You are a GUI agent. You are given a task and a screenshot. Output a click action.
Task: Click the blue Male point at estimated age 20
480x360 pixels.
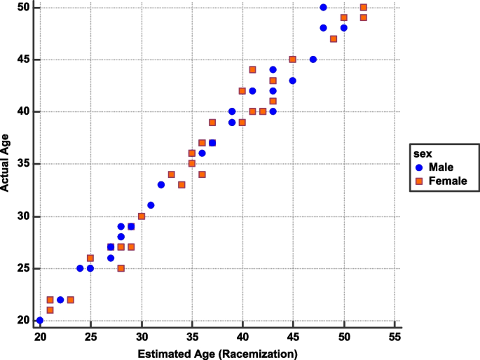pyautogui.click(x=40, y=320)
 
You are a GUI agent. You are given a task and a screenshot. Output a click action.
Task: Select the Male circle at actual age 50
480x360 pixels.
pyautogui.click(x=323, y=7)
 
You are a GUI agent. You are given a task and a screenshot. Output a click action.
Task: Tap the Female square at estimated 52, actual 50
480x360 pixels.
pyautogui.click(x=364, y=7)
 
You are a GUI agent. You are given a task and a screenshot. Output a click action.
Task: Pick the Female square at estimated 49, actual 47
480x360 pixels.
pyautogui.click(x=334, y=39)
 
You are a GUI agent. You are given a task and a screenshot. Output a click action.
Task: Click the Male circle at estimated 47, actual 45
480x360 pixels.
pyautogui.click(x=313, y=60)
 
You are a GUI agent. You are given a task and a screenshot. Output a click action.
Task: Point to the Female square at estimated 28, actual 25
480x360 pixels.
pyautogui.click(x=121, y=268)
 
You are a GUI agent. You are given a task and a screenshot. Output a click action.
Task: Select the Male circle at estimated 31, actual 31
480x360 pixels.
pyautogui.click(x=151, y=205)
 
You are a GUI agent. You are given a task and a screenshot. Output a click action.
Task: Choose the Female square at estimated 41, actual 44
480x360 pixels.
pyautogui.click(x=252, y=69)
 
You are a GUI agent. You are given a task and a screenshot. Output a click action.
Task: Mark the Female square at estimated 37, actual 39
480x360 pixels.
pyautogui.click(x=212, y=122)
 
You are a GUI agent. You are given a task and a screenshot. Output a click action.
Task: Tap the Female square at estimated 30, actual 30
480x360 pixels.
pyautogui.click(x=142, y=216)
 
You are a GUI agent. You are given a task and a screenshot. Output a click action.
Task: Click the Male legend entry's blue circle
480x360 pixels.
pyautogui.click(x=419, y=167)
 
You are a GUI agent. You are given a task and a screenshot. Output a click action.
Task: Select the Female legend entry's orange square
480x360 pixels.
pyautogui.click(x=419, y=181)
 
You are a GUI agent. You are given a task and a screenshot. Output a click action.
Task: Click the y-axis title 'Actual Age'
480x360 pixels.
pyautogui.click(x=6, y=165)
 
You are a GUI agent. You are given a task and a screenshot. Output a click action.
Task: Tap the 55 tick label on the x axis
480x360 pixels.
pyautogui.click(x=395, y=336)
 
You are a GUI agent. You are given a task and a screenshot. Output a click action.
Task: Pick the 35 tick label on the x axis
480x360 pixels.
pyautogui.click(x=192, y=336)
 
